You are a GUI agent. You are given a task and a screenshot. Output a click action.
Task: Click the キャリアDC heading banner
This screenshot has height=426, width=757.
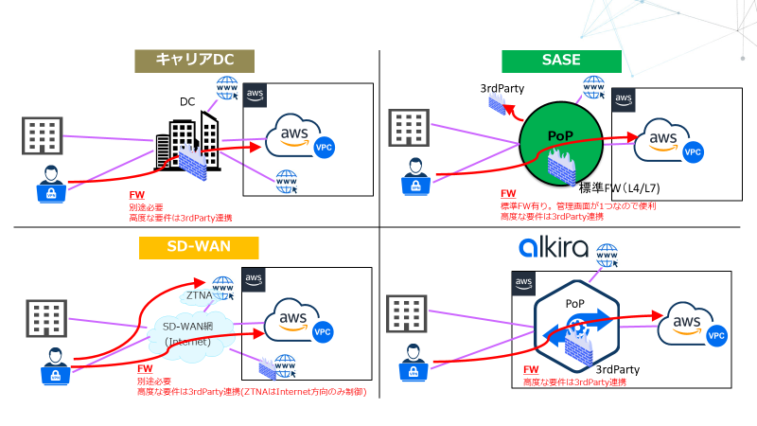pos(184,61)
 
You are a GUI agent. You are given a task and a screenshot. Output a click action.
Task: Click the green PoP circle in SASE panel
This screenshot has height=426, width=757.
pos(563,142)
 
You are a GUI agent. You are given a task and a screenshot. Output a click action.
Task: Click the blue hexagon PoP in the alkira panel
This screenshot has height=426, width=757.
pos(576,327)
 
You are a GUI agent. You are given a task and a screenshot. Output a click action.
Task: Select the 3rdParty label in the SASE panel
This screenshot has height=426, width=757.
pos(502,88)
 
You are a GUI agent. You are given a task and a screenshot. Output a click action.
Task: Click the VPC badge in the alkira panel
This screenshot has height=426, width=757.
pos(717,336)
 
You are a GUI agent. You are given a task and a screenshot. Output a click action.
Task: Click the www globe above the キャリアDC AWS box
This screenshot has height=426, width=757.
pos(228,88)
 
